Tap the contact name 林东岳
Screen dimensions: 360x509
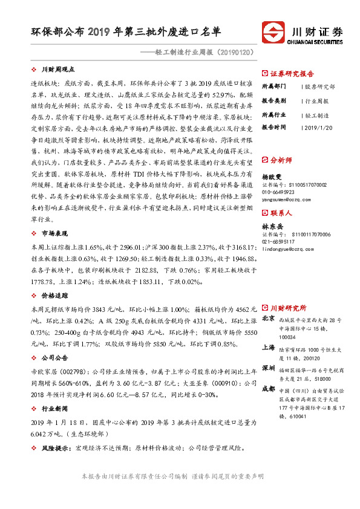[x=272, y=226]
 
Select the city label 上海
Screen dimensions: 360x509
[x=269, y=347]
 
